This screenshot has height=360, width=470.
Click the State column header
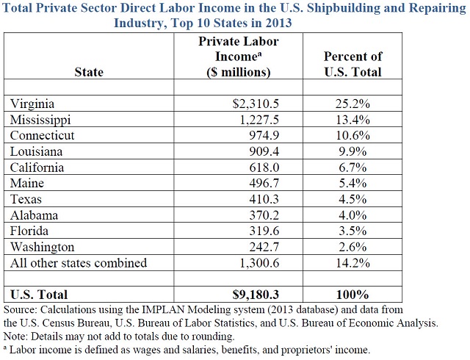(89, 72)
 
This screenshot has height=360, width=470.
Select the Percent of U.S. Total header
(352, 64)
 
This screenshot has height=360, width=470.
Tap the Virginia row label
(32, 104)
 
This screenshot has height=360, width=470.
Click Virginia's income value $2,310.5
(256, 104)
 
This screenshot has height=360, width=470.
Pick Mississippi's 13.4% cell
(352, 120)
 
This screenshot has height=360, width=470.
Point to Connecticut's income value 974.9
(264, 135)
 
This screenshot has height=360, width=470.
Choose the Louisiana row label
(36, 151)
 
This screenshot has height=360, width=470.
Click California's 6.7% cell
(352, 168)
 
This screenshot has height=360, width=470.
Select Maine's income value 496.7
(264, 183)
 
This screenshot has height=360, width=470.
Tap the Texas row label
(26, 199)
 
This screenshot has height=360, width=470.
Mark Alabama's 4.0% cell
(352, 215)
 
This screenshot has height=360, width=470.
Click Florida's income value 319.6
(264, 231)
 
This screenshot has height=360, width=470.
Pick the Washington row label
(43, 247)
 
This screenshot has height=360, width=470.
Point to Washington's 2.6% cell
(352, 247)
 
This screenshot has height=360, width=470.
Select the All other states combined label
(79, 263)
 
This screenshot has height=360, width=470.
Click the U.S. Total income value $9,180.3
(256, 295)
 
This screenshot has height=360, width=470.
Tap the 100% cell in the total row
(352, 295)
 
